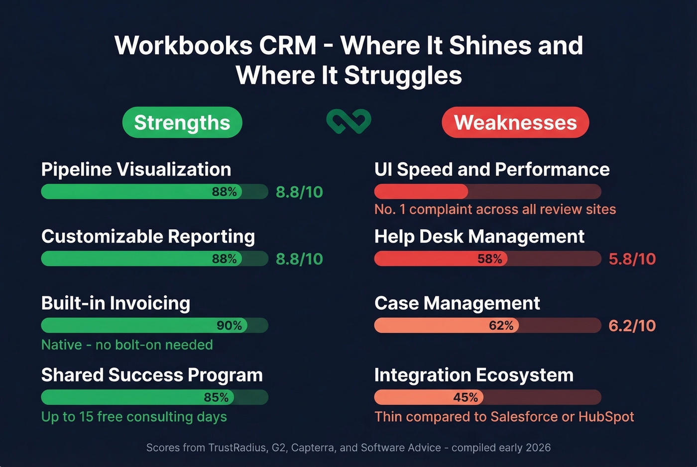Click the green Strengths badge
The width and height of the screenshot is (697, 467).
pyautogui.click(x=182, y=122)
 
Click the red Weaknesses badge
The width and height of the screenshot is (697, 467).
pyautogui.click(x=515, y=122)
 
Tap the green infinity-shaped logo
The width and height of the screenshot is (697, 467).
pyautogui.click(x=348, y=121)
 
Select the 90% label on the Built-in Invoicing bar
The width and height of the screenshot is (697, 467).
pyautogui.click(x=229, y=325)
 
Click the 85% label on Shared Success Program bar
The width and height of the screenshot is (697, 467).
pyautogui.click(x=216, y=397)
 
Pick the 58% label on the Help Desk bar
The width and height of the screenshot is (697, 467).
pyautogui.click(x=490, y=259)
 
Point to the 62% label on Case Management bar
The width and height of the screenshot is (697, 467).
pyautogui.click(x=501, y=325)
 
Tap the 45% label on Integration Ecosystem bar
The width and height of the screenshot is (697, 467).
pyautogui.click(x=465, y=397)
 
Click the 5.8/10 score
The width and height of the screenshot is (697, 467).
pyautogui.click(x=632, y=259)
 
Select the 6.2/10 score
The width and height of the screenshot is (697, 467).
pyautogui.click(x=632, y=326)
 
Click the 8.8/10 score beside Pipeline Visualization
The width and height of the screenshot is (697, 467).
pyautogui.click(x=299, y=192)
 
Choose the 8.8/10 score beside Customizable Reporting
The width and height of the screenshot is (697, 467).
pyautogui.click(x=299, y=259)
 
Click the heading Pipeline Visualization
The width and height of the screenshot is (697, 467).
pyautogui.click(x=136, y=170)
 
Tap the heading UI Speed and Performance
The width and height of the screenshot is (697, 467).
pyautogui.click(x=492, y=170)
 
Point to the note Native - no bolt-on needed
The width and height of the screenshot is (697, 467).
pyautogui.click(x=127, y=345)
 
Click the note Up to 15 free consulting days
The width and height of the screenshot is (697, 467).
pyautogui.click(x=134, y=417)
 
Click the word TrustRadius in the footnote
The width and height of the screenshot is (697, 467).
pyautogui.click(x=237, y=448)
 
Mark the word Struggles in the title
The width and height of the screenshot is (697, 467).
pyautogui.click(x=403, y=76)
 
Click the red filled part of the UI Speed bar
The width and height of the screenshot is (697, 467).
pyautogui.click(x=421, y=191)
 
